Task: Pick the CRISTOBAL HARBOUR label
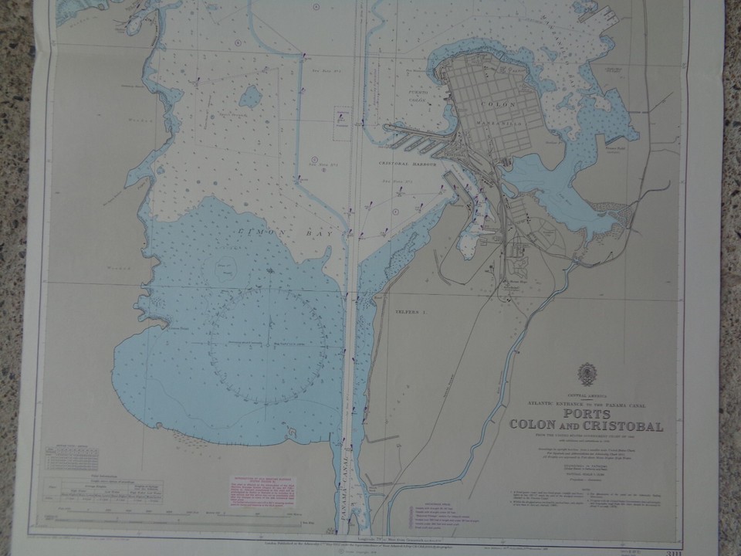408,164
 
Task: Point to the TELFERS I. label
411,312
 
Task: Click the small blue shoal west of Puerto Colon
249,97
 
